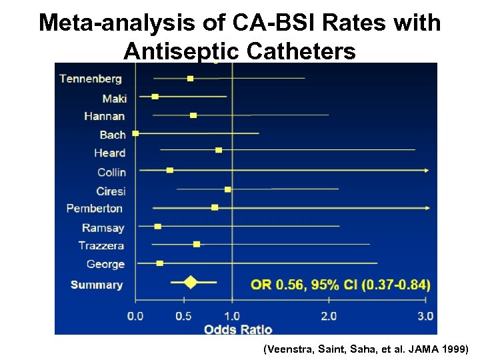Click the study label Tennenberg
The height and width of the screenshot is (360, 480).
coord(91,79)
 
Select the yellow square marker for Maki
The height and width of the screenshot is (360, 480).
coord(155,97)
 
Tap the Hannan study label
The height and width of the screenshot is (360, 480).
coord(104,116)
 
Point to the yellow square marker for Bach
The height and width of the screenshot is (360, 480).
coord(136,133)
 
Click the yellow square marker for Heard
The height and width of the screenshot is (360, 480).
coord(219,151)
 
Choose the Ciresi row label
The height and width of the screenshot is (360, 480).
coord(111,191)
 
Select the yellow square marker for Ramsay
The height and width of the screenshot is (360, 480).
coord(157,227)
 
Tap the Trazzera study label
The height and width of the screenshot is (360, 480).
coord(101,245)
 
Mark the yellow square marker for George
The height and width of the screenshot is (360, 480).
coord(159,263)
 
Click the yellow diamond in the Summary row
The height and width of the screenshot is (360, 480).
coord(191,282)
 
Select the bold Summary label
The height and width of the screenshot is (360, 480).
coord(97,285)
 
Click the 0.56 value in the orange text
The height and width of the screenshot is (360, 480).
coord(285,285)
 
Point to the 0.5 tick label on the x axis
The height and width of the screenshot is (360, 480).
coord(183,315)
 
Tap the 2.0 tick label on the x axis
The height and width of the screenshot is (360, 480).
coord(329,315)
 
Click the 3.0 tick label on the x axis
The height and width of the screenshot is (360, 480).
coord(425,315)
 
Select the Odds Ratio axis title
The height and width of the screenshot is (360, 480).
coord(238,329)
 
